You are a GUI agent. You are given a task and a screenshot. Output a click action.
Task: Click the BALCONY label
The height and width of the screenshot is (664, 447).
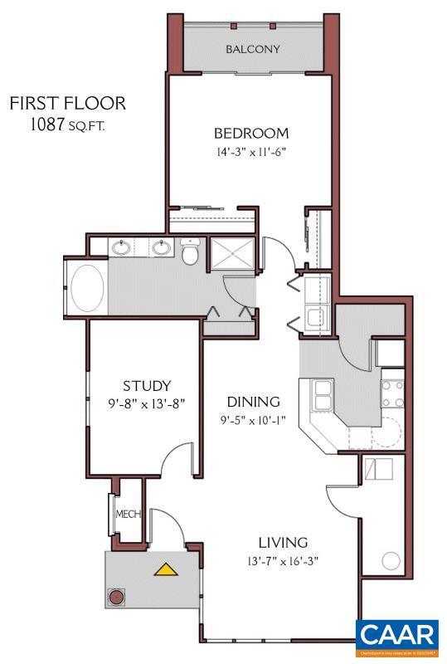pyautogui.click(x=253, y=49)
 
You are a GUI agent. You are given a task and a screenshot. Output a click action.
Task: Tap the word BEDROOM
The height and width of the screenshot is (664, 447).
pyautogui.click(x=251, y=133)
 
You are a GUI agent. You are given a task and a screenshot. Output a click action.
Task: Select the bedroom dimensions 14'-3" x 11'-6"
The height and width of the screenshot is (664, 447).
pyautogui.click(x=251, y=152)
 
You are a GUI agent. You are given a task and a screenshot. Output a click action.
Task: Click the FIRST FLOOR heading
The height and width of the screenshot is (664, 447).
pyautogui.click(x=68, y=104)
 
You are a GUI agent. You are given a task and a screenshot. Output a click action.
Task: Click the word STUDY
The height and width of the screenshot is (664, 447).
pyautogui.click(x=147, y=386)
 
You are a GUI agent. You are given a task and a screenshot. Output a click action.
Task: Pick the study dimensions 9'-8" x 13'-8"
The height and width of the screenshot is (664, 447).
pyautogui.click(x=147, y=404)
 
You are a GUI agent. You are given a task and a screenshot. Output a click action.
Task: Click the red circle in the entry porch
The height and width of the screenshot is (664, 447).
pyautogui.click(x=118, y=598)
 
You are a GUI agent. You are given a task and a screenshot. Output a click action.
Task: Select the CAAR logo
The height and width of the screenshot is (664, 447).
pyautogui.click(x=397, y=636)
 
